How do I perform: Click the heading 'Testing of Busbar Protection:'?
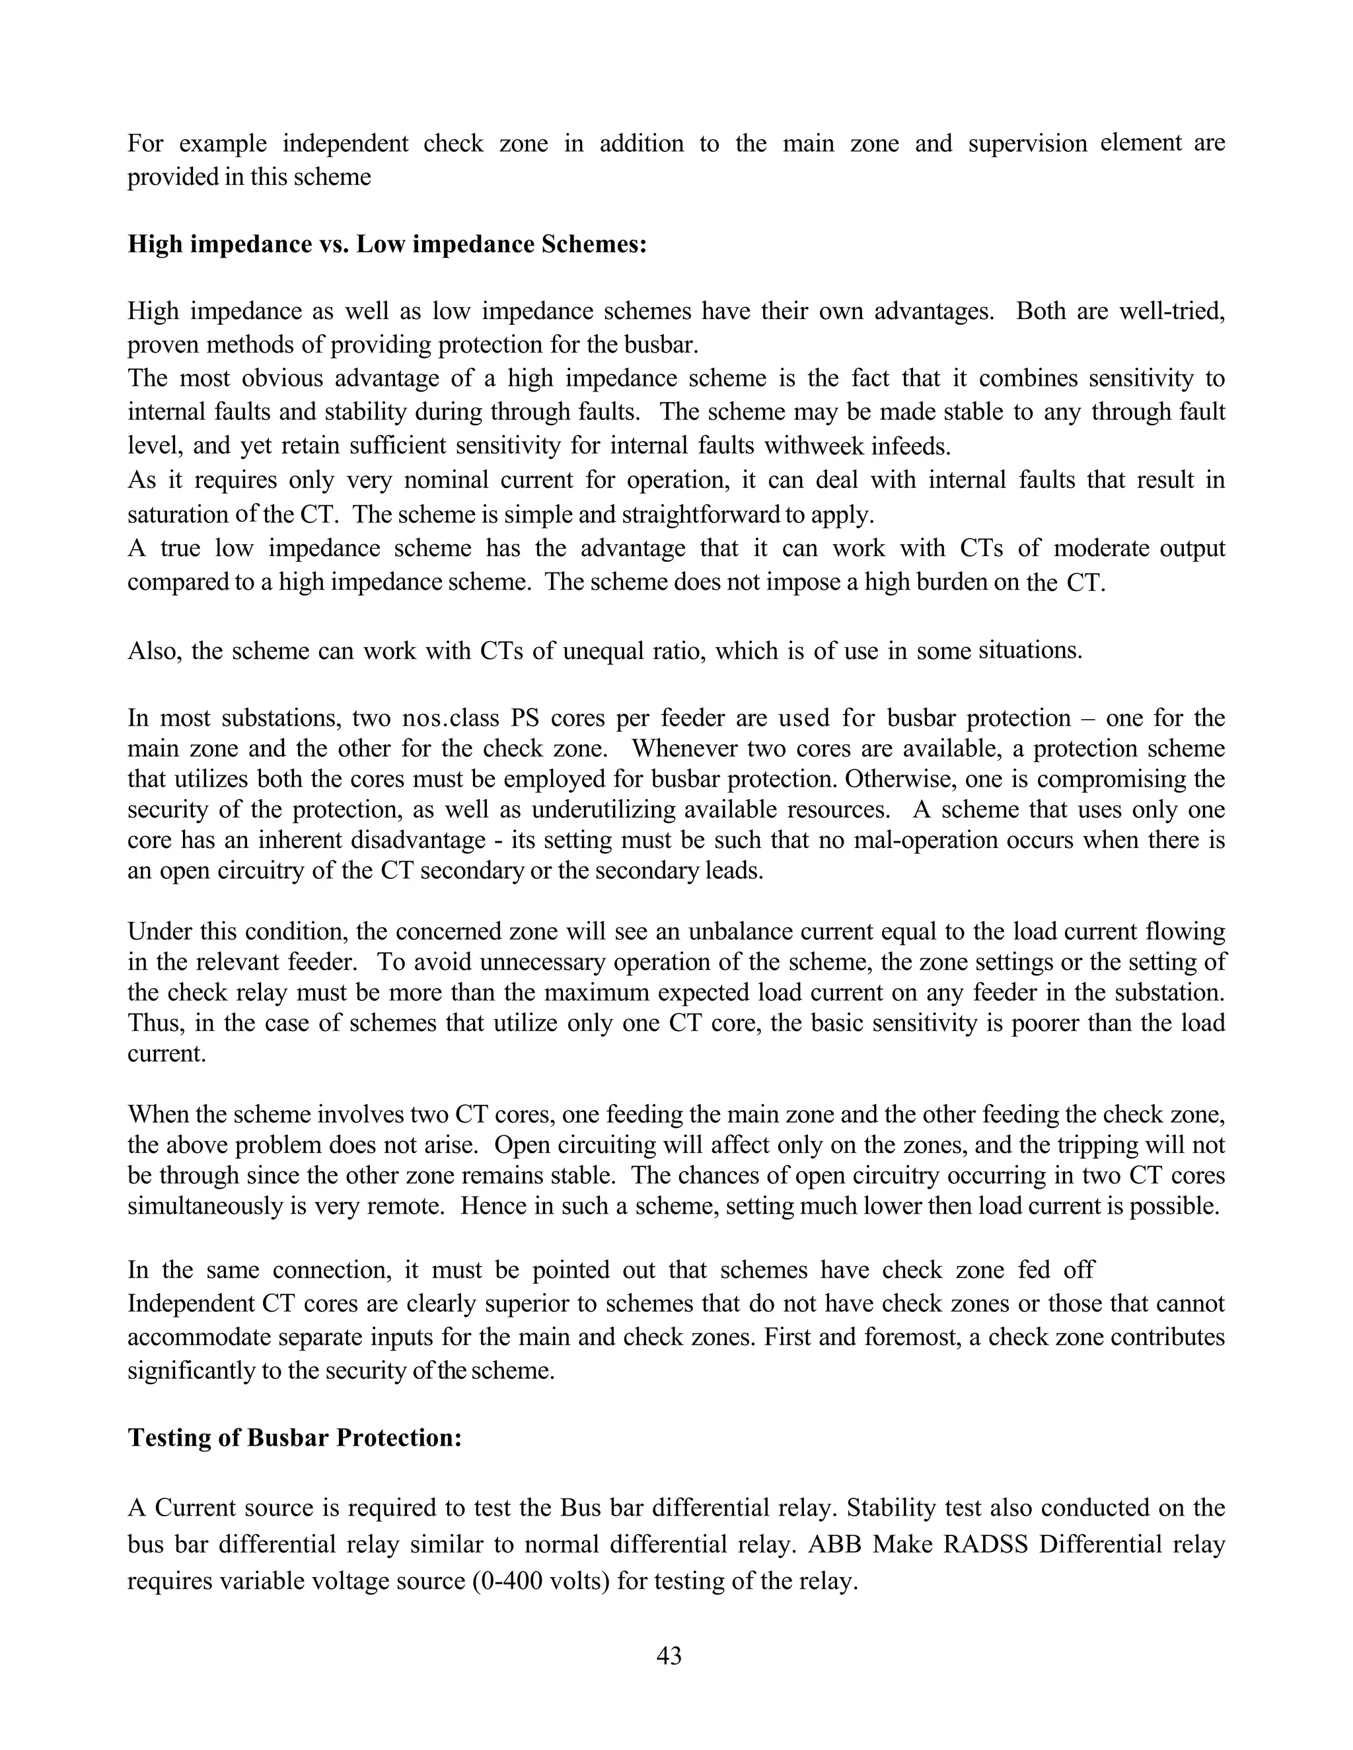point(295,1438)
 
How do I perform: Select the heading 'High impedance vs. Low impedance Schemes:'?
point(387,244)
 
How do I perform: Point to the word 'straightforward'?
point(713,514)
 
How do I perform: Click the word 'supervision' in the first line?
point(1027,143)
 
